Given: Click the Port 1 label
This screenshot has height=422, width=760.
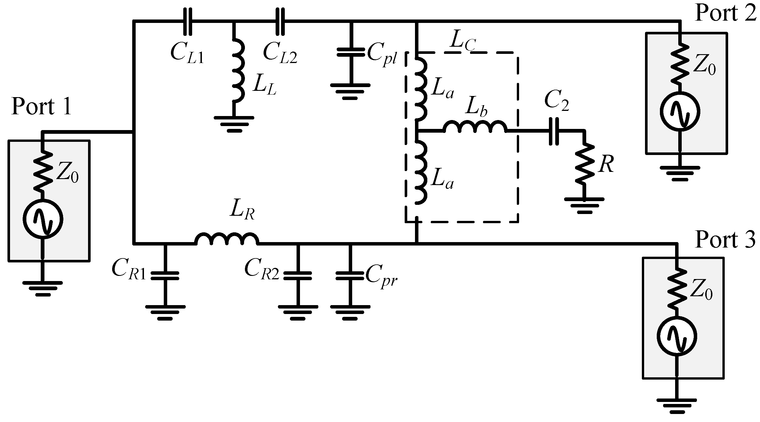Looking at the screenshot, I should pyautogui.click(x=41, y=107).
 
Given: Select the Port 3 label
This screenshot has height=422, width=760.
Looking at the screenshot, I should pyautogui.click(x=725, y=240).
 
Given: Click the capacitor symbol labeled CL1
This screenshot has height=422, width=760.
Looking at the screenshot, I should pyautogui.click(x=188, y=21).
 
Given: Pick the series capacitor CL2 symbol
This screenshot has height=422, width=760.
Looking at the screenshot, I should pyautogui.click(x=280, y=21).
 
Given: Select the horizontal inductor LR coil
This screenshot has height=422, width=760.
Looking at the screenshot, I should pyautogui.click(x=227, y=239).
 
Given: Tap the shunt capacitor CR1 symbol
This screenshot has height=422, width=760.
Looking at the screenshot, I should pyautogui.click(x=165, y=276).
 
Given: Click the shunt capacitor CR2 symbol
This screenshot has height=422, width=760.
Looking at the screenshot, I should pyautogui.click(x=298, y=276).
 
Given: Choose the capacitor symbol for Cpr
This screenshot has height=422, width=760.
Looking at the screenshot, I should pyautogui.click(x=350, y=276).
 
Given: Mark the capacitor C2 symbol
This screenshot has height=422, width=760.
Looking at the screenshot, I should pyautogui.click(x=554, y=131).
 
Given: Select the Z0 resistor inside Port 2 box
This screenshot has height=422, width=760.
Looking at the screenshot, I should pyautogui.click(x=680, y=63).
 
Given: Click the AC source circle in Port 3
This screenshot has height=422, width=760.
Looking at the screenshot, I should pyautogui.click(x=677, y=336).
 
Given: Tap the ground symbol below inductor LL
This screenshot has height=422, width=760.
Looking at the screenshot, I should pyautogui.click(x=234, y=123).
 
